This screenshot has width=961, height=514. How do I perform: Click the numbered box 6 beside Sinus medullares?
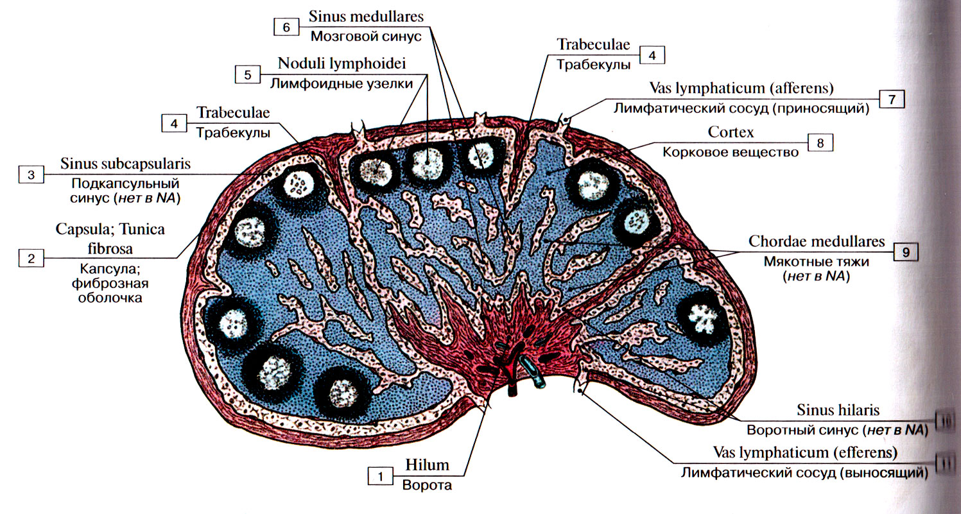tap(286, 27)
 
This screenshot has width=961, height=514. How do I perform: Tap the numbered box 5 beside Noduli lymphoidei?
tap(247, 74)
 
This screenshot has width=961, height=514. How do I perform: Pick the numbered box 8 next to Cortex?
tap(820, 143)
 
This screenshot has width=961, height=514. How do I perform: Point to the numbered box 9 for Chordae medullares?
tap(906, 252)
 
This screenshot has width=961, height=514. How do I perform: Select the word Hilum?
tap(427, 465)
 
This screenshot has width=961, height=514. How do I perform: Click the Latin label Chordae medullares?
tap(817, 243)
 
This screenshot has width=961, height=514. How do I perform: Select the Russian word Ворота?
tap(427, 485)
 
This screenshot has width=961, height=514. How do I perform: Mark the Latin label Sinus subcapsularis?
tap(126, 164)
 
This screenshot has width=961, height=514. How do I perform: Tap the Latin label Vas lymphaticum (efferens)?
tap(805, 454)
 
